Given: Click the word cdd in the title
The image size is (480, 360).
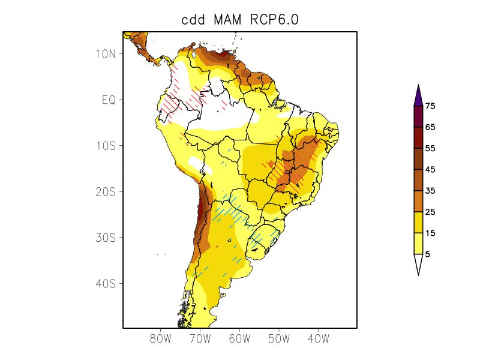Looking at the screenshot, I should (x=194, y=20).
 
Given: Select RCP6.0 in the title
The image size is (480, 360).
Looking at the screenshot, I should (x=276, y=20).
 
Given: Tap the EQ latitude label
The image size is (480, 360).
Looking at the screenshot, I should (x=108, y=100).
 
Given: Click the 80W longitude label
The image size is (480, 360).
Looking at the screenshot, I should (x=161, y=339).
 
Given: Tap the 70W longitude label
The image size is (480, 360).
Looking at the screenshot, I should (x=200, y=339).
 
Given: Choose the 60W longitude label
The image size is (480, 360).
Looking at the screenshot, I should (x=239, y=339).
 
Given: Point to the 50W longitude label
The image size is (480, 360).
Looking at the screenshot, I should (x=279, y=339).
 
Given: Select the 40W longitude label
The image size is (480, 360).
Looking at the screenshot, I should (x=318, y=339).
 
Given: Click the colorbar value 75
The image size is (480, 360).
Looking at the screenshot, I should (x=430, y=106).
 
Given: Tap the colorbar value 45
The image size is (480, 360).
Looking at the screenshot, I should (x=430, y=170).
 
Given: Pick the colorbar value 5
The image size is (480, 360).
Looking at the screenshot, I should (x=427, y=254).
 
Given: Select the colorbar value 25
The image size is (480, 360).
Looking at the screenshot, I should (x=430, y=212).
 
